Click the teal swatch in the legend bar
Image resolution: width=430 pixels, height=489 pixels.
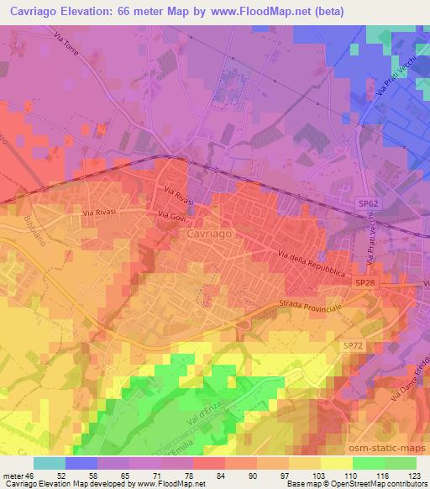coord(50,462)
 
